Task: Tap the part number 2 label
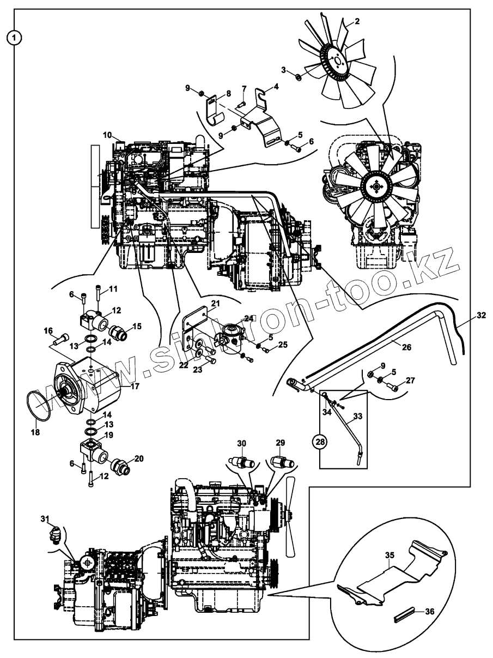point(357,21)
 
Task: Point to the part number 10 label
point(106,135)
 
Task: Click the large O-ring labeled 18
point(40,405)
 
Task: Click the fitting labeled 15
point(119,332)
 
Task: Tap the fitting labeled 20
point(119,467)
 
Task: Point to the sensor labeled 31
point(56,532)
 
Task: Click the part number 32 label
point(480,315)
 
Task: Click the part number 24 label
point(249,318)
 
